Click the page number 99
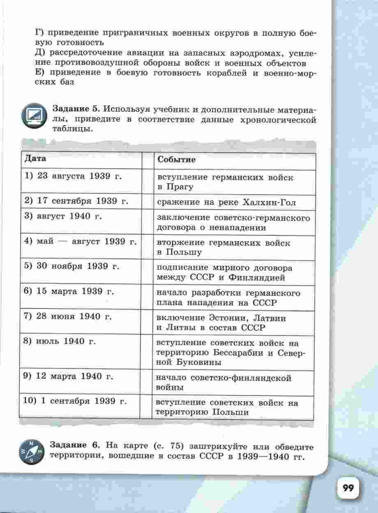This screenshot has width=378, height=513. pos(348,488)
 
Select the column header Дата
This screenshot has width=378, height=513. pos(35,159)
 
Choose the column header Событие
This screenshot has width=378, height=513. pos(176,160)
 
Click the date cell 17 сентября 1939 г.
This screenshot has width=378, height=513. pos(76,201)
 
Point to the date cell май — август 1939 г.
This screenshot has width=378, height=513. pos(81,241)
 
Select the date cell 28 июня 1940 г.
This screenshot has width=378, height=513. pos(68,317)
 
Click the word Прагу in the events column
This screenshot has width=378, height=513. pos(180,187)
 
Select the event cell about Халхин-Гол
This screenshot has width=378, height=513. pos(226,202)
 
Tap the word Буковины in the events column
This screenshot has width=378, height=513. pos(195,362)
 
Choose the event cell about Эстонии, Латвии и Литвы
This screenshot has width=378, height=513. pos(222,323)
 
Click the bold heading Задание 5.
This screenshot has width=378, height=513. pos(76,109)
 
